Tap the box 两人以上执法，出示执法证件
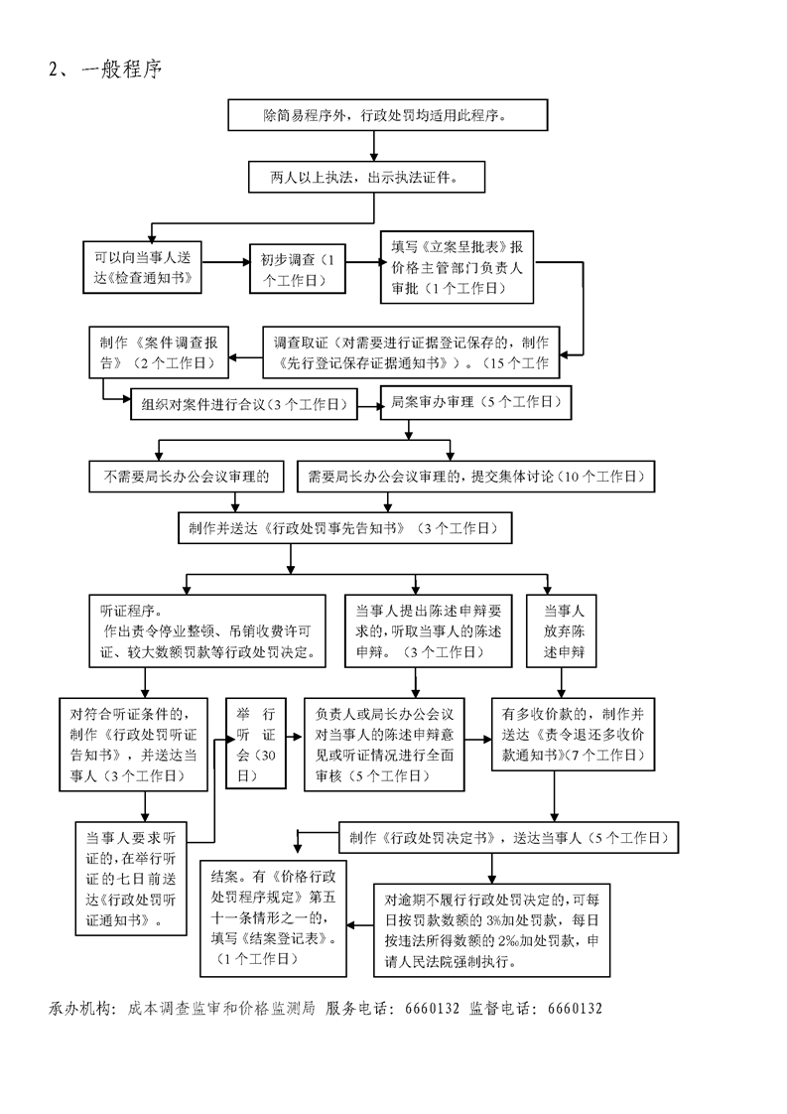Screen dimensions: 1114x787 pyautogui.click(x=373, y=177)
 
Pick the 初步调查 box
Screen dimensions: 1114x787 pyautogui.click(x=296, y=267)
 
